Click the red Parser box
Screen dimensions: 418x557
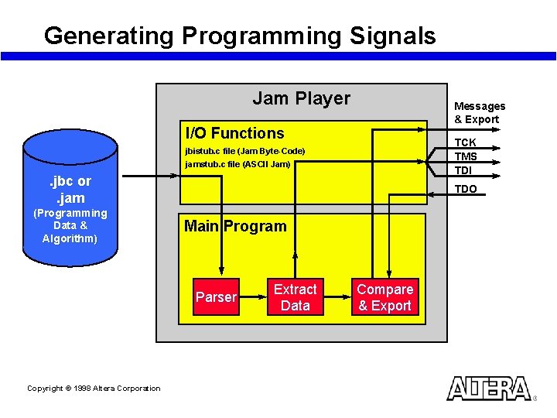coord(216,297)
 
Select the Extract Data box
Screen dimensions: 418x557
coord(295,297)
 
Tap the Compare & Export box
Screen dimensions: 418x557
coord(384,297)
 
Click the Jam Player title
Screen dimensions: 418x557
coord(301,98)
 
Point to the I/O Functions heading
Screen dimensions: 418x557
coord(234,133)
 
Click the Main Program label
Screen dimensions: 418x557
coord(234,226)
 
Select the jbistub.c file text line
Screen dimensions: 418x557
coord(244,150)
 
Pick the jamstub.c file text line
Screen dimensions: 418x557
coord(237,164)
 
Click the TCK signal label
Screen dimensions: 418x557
coord(465,142)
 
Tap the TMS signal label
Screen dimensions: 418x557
coord(465,156)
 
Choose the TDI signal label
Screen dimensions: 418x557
coord(463,170)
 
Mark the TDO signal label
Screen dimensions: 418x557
coord(465,189)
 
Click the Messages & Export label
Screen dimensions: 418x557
coord(480,112)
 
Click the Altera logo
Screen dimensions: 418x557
coord(488,389)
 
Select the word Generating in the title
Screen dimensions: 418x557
coord(109,36)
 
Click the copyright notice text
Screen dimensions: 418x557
coord(94,389)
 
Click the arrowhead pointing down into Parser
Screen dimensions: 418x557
coord(220,272)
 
